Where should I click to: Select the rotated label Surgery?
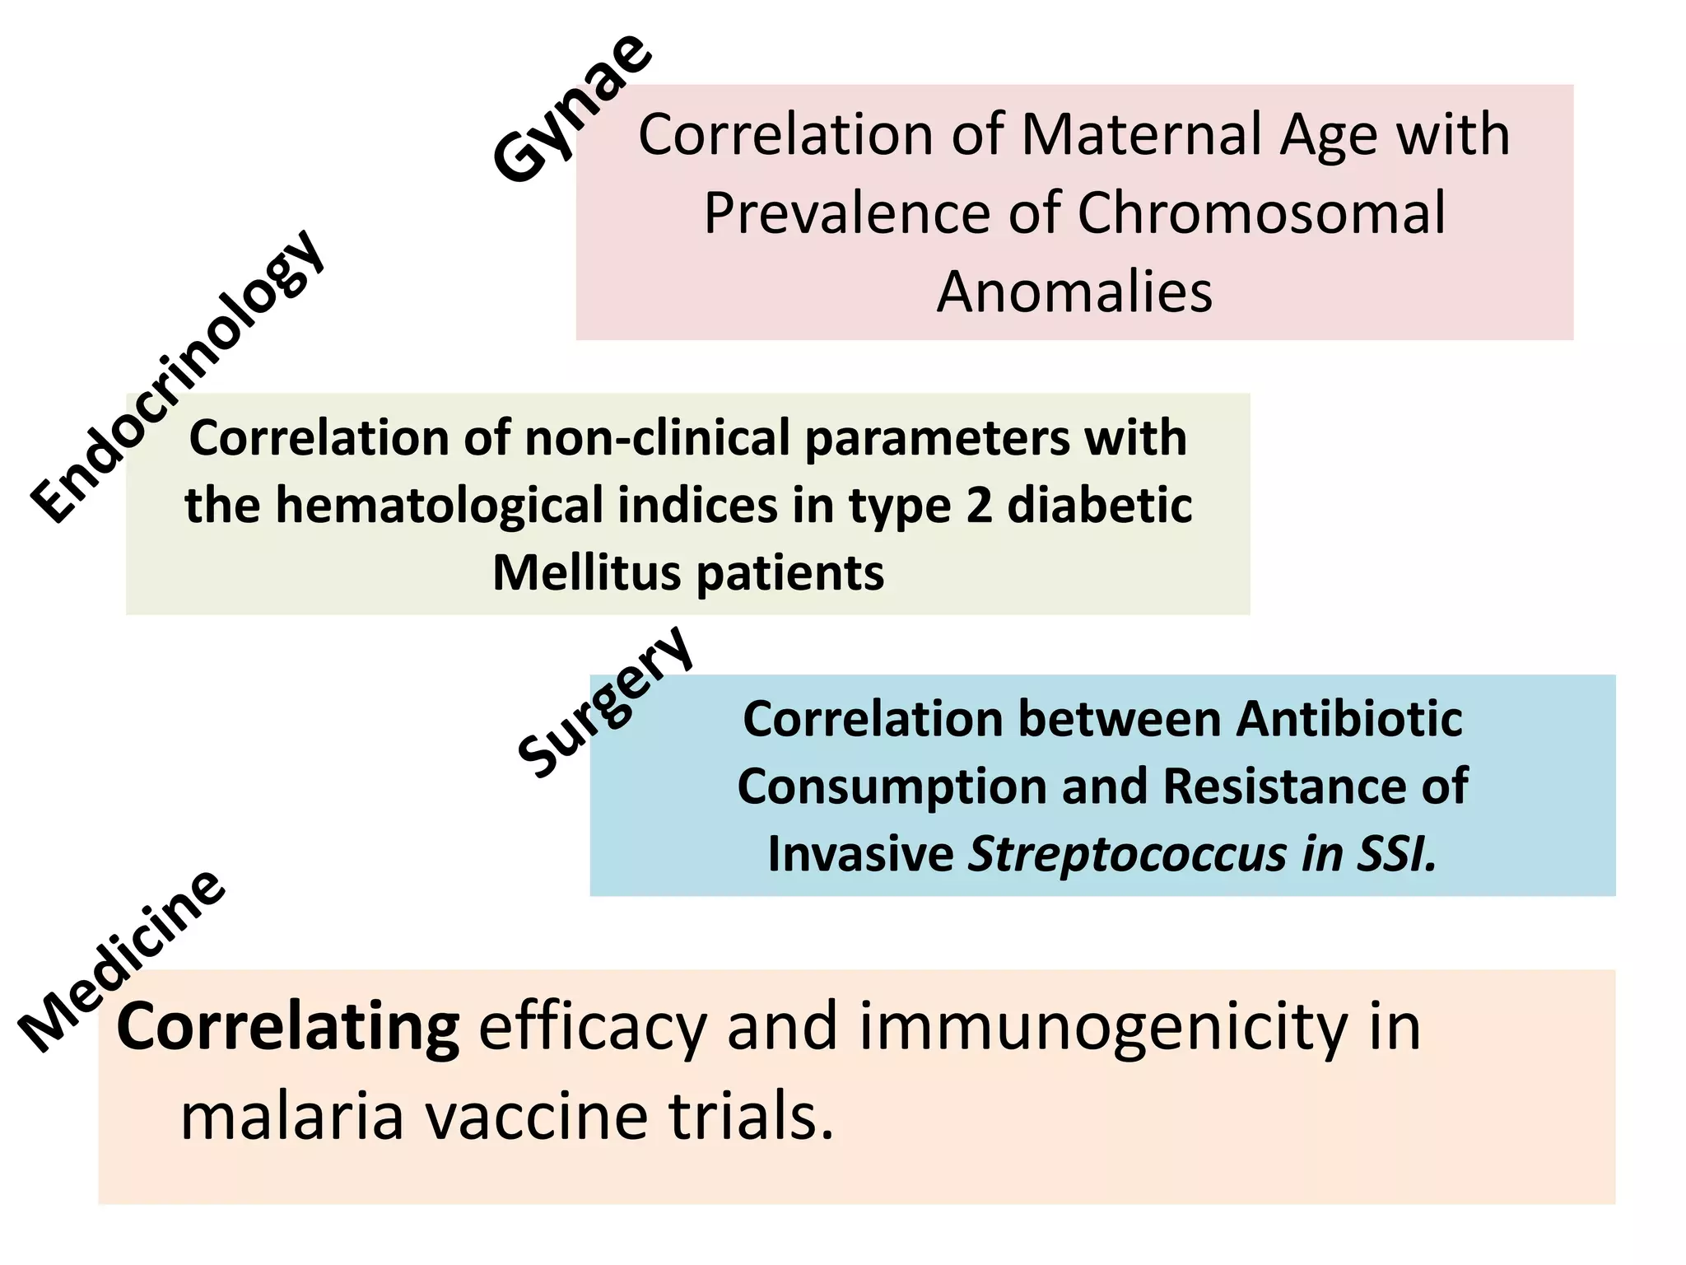click(x=605, y=702)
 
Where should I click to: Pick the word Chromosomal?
click(x=1260, y=212)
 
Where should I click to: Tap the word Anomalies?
click(x=1074, y=292)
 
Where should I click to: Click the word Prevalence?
click(x=847, y=212)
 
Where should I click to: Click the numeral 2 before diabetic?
click(x=979, y=505)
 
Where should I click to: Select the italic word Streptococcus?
click(x=1127, y=854)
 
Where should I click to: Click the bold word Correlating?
click(x=288, y=1027)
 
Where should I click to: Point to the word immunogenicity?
click(x=1104, y=1027)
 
